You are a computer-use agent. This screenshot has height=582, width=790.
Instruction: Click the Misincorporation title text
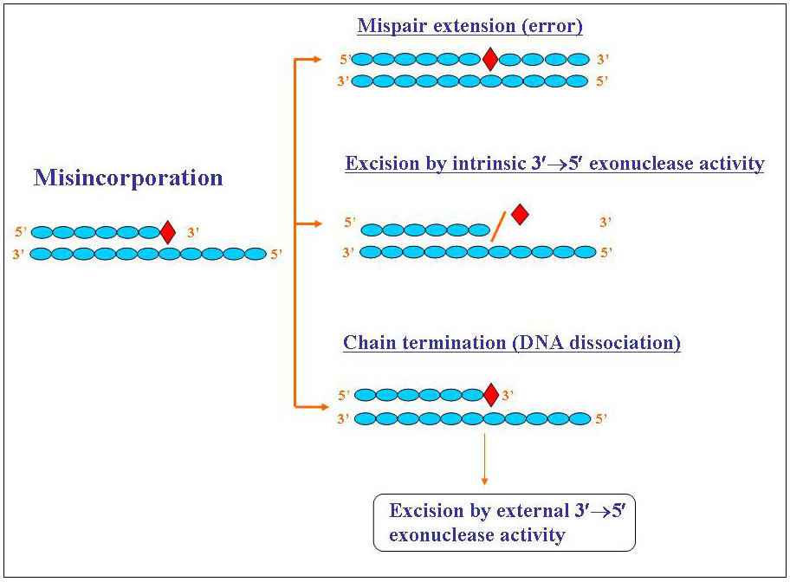[128, 178]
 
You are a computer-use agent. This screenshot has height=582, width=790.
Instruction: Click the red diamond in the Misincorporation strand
[168, 232]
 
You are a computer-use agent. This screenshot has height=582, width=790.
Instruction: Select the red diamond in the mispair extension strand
[489, 60]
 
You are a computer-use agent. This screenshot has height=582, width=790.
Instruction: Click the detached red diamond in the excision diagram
[519, 214]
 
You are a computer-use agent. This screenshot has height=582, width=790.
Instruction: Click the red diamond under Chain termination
[490, 395]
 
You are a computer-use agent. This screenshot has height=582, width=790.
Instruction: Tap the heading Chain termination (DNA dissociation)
[512, 342]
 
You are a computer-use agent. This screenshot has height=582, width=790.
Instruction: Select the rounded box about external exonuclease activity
[504, 522]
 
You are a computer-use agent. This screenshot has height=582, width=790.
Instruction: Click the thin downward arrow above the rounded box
[484, 459]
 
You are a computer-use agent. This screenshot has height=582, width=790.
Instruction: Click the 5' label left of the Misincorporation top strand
[22, 232]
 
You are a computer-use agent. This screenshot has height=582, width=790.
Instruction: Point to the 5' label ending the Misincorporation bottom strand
[276, 254]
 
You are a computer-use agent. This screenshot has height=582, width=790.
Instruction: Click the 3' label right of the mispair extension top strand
[603, 60]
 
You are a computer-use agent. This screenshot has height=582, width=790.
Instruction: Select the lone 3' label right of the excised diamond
[605, 223]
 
